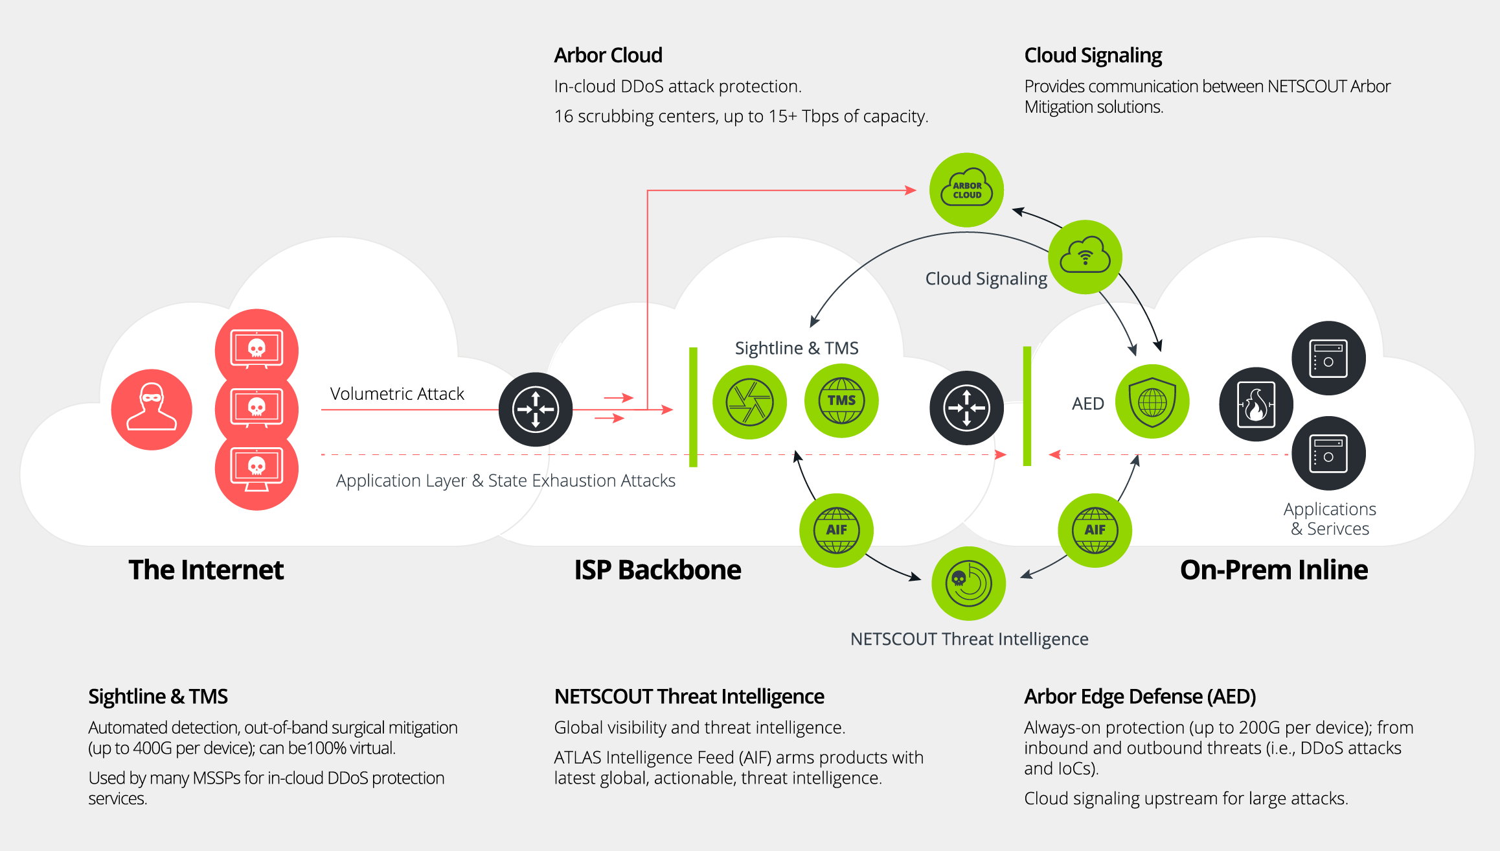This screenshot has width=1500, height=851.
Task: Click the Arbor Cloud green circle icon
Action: coord(966,190)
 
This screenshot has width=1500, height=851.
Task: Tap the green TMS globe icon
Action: coord(841,401)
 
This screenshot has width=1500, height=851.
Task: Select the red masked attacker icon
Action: coord(152,410)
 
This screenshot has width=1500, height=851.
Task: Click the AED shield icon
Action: coord(1152,402)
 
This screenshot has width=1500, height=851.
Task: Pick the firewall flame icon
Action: coord(1256,404)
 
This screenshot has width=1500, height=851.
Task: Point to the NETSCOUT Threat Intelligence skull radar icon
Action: coord(968,583)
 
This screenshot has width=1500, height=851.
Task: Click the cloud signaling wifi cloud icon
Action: coord(1085,257)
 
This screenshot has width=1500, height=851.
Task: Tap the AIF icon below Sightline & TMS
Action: coord(836,530)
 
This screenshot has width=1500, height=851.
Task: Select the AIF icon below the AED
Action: coord(1095,530)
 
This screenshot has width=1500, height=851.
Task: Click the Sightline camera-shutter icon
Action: coord(749,402)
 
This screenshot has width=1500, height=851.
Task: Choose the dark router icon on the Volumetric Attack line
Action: coord(536,410)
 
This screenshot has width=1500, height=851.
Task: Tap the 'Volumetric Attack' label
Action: coord(397,394)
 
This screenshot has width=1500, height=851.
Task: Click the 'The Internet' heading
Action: coord(206,570)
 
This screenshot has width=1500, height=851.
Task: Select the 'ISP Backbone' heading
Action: coord(657,570)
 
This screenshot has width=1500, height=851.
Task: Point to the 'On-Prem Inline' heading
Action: coord(1274,570)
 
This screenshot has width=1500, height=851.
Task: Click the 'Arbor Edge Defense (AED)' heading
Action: coord(1140,697)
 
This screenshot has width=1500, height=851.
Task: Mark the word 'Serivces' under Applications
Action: coord(1338,529)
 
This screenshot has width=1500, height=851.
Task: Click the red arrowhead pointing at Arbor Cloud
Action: coord(911,191)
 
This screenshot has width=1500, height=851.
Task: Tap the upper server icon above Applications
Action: coord(1328,358)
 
